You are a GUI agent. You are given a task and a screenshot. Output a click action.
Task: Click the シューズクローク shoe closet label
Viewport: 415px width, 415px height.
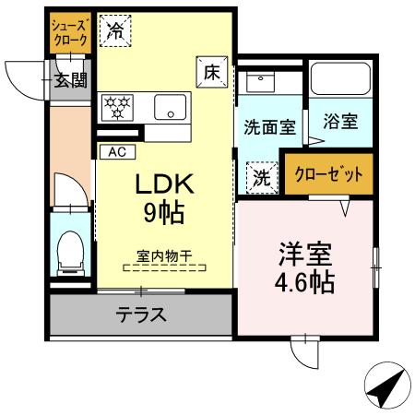pos(69,34)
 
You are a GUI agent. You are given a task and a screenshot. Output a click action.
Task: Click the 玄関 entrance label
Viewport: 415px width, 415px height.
pos(69,79)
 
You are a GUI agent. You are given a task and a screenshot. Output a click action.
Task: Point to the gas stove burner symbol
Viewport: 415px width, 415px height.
pos(117,108)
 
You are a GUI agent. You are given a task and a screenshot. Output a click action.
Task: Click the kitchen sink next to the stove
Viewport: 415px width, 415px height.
pos(169,107)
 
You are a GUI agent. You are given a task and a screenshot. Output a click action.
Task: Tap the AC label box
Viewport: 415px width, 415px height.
pos(117,151)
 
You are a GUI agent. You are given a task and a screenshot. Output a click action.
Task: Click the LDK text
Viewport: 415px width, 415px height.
pos(162,184)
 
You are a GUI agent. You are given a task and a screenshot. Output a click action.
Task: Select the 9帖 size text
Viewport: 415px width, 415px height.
pos(162,213)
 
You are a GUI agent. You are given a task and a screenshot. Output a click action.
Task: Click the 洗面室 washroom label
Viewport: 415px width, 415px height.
pos(269,127)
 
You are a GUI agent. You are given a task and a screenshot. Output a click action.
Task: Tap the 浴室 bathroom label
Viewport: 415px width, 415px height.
pos(338,121)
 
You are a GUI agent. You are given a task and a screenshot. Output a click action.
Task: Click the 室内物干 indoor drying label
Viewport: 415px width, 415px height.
pos(164,257)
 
